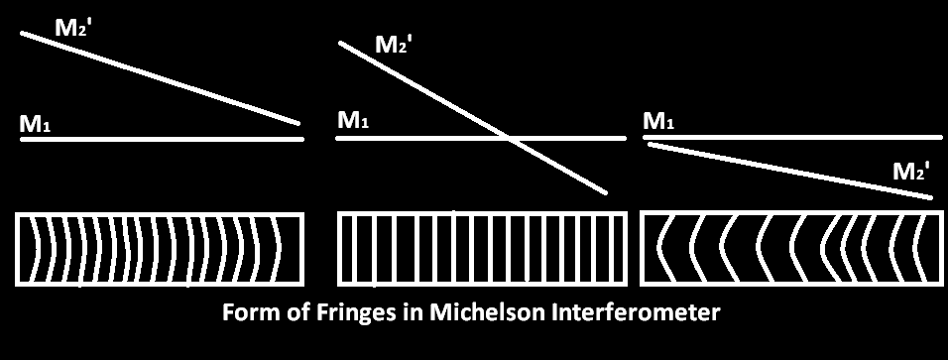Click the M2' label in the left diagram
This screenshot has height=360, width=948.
(x=73, y=27)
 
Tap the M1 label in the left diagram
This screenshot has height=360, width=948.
(x=34, y=125)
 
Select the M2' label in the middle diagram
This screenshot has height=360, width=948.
(x=394, y=45)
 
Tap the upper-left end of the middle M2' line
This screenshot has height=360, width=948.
(x=341, y=43)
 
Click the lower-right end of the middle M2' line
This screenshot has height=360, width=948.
(x=604, y=191)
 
